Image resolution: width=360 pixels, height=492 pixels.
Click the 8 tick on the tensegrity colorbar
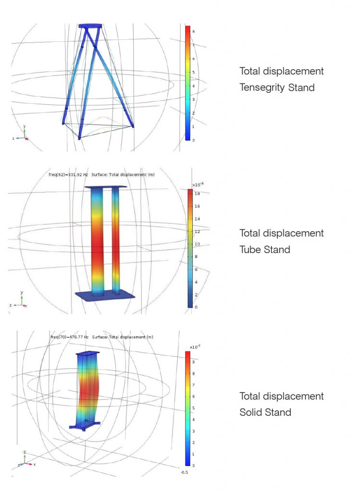click(193, 31)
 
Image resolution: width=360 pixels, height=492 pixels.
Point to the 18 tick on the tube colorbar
click(197, 193)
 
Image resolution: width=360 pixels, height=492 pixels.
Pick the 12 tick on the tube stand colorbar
click(197, 232)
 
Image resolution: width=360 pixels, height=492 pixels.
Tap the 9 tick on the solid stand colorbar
click(193, 362)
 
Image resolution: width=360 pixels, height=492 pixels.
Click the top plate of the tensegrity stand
click(90, 25)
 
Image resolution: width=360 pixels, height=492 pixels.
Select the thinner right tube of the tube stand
click(115, 240)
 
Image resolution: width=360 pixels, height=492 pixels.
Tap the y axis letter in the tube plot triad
click(22, 292)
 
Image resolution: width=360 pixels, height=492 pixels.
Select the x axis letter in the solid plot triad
click(35, 464)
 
